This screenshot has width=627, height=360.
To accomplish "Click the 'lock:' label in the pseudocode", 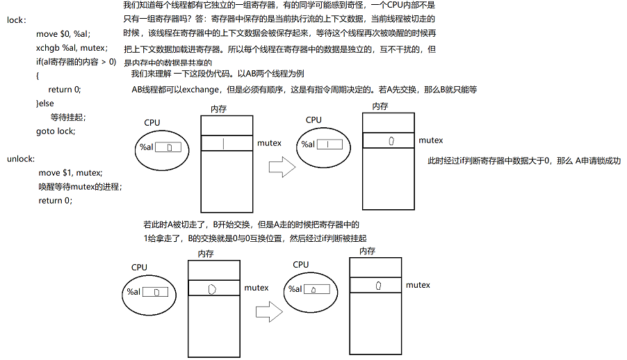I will click(x=17, y=20).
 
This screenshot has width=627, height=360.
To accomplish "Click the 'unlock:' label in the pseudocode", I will click(x=21, y=159).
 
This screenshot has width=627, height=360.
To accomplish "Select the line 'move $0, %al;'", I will click(x=63, y=34).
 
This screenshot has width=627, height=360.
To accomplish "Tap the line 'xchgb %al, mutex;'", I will click(x=72, y=48).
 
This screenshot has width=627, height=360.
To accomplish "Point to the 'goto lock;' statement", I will click(x=56, y=131).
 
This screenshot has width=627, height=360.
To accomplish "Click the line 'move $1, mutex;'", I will click(x=70, y=172).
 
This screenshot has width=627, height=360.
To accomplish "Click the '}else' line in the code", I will click(x=45, y=103).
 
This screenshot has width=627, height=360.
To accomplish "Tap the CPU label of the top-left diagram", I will click(x=152, y=122).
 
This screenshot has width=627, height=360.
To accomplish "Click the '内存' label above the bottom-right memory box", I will click(x=368, y=251).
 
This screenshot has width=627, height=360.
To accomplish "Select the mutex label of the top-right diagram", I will click(x=430, y=140).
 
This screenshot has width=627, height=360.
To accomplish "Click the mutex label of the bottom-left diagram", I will click(x=256, y=287).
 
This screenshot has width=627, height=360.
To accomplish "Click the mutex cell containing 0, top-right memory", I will click(x=390, y=140).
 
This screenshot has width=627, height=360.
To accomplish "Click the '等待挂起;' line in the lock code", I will click(x=68, y=117).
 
